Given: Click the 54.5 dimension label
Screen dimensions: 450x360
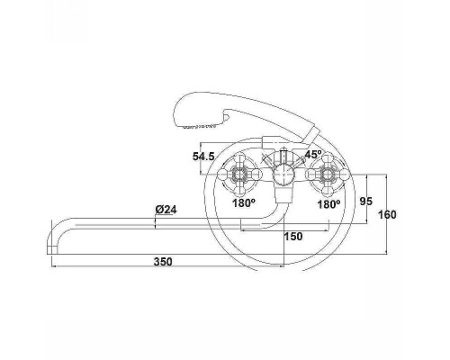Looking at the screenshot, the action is [x=203, y=157].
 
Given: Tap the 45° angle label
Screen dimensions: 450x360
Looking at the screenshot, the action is [x=313, y=154].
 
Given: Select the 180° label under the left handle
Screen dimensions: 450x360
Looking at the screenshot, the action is [x=244, y=203].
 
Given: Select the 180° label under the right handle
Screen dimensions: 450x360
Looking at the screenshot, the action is [x=328, y=204].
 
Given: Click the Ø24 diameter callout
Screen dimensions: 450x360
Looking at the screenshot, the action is [x=166, y=210].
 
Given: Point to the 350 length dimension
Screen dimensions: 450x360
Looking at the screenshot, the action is [x=163, y=262].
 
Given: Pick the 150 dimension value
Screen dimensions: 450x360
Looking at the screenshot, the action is [x=293, y=237].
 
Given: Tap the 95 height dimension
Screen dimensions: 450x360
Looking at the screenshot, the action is [x=366, y=202].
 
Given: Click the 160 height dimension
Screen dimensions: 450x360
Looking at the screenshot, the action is [x=387, y=214].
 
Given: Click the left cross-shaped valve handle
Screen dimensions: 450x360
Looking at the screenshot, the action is [x=239, y=174].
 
